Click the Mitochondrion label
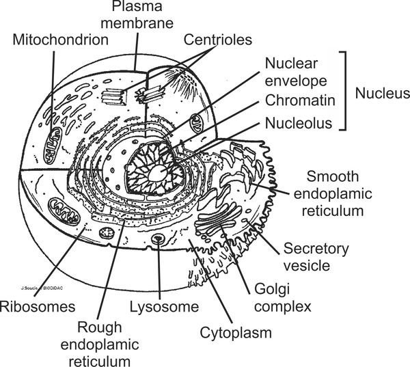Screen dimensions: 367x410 click(61, 40)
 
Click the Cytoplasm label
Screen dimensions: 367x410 click(236, 334)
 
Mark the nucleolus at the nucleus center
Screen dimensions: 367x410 click(159, 172)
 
